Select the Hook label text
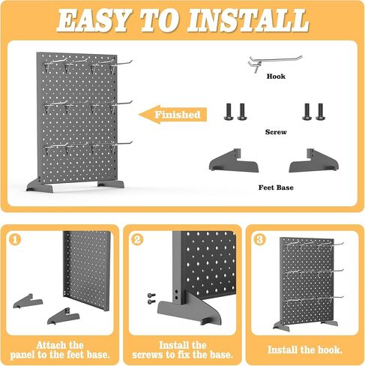(x=276, y=76)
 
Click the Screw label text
(x=276, y=131)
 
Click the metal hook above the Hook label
(x=266, y=63)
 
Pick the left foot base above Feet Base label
(x=234, y=160)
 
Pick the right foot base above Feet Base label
(x=312, y=160)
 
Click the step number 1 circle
(x=14, y=240)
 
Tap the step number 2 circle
(x=137, y=240)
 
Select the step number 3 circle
(x=260, y=240)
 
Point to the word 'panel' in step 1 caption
(x=39, y=354)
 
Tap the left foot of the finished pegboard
(x=37, y=184)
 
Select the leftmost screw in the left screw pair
(x=229, y=112)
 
